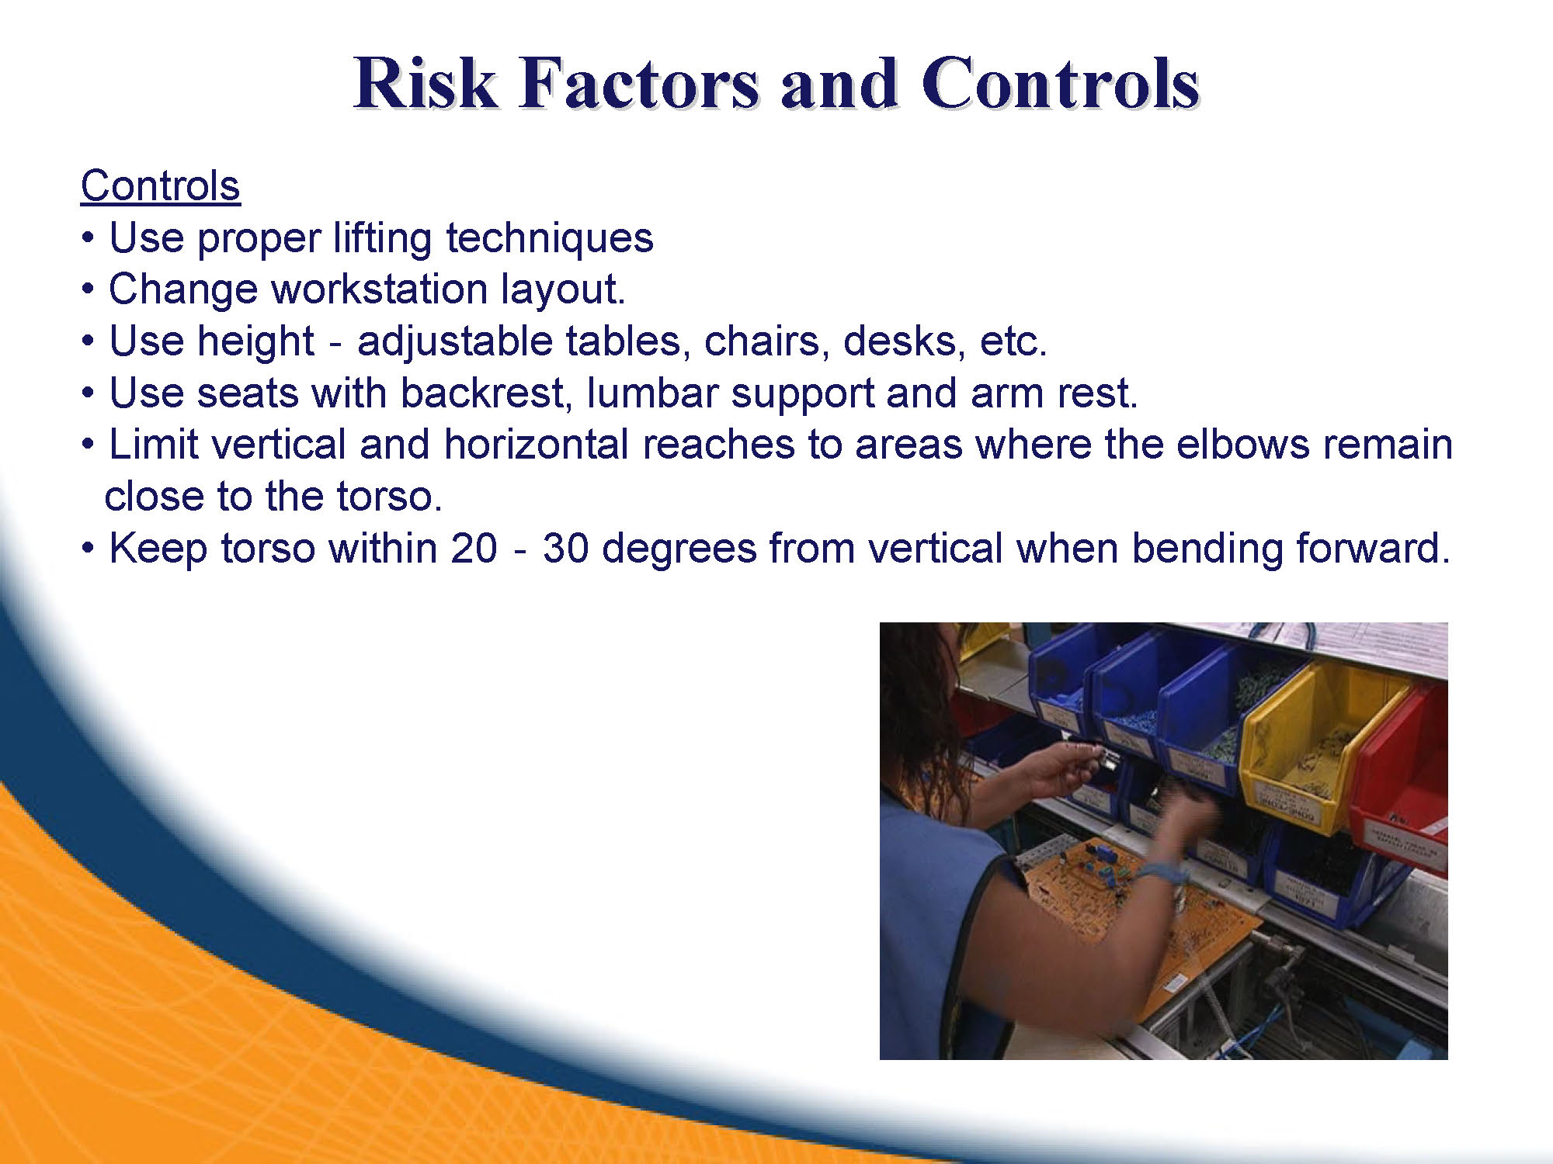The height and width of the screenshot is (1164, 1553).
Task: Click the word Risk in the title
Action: click(x=425, y=82)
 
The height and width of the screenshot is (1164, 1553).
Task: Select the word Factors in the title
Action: click(x=639, y=82)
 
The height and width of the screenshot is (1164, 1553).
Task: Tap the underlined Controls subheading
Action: click(x=161, y=186)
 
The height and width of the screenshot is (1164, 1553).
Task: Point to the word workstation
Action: click(x=379, y=289)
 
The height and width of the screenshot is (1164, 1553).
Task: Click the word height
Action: click(x=255, y=341)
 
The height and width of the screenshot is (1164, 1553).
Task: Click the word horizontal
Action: click(x=536, y=445)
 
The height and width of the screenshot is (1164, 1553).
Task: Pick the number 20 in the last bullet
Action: click(x=474, y=549)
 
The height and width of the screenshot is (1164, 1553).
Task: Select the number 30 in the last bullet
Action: click(x=565, y=549)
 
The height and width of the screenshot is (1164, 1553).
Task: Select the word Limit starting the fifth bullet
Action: click(x=149, y=445)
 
